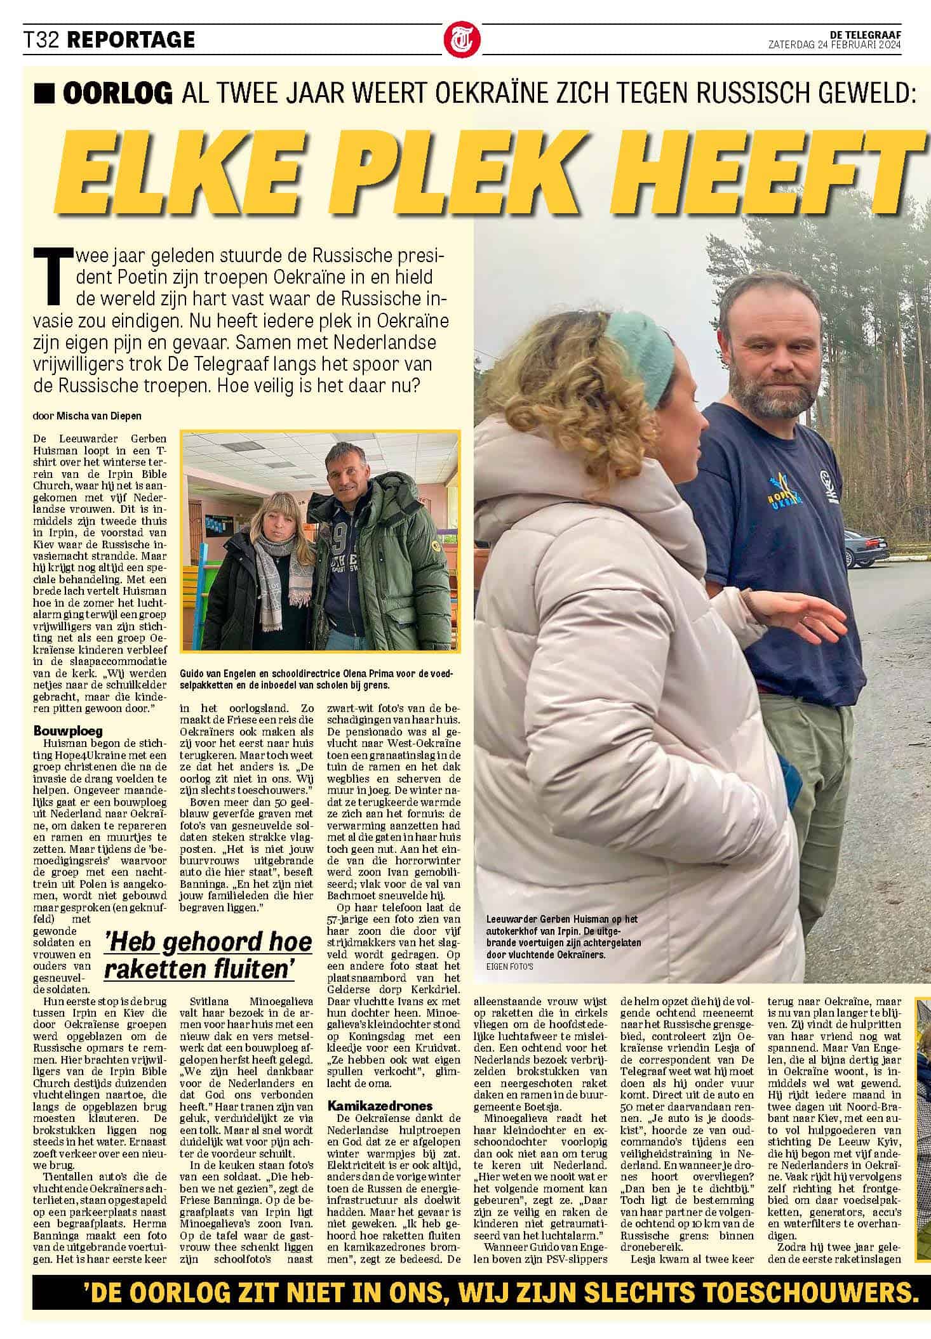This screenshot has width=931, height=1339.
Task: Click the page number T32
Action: pos(42,40)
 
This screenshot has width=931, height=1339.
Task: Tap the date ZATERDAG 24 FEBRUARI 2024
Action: pos(834,44)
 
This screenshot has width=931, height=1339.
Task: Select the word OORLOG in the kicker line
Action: pos(118,93)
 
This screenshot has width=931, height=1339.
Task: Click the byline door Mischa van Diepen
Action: pos(86,416)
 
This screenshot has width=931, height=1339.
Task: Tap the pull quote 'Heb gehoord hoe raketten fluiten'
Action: pos(208,956)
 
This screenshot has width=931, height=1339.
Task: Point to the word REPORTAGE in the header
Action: pos(130,40)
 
